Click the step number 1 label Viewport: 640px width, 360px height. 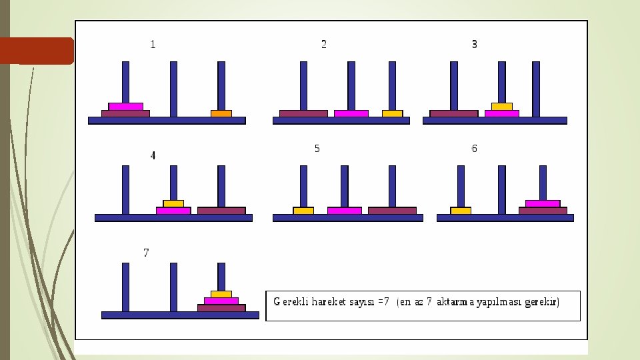point(153,45)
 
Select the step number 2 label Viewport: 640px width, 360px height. point(323,45)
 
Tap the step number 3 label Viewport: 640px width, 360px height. point(474,45)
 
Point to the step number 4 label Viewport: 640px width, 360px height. point(153,155)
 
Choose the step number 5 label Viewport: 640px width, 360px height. point(317,149)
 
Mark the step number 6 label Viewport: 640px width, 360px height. point(474,149)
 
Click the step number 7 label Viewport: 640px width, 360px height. point(146,253)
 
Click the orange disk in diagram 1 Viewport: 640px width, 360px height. point(221,113)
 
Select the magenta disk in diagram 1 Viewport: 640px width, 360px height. point(126,106)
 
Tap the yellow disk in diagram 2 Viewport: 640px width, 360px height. point(392,113)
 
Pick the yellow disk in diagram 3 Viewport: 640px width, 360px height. point(502,106)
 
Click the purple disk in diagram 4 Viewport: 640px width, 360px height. point(221,211)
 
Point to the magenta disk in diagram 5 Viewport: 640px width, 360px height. point(344,211)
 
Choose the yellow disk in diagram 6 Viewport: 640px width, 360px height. point(461,211)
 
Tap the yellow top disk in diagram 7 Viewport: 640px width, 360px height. point(221,294)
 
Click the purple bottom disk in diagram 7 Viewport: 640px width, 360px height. point(221,308)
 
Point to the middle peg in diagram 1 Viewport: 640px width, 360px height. point(173,88)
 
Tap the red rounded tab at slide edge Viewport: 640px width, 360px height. point(37,51)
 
